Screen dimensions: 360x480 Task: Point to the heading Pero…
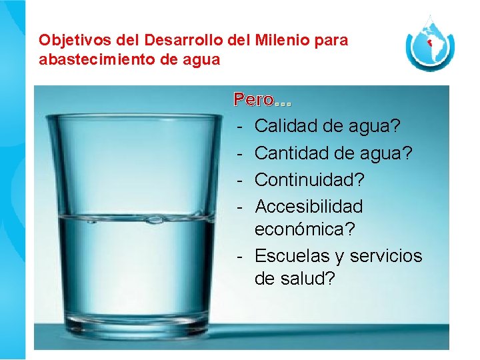click(x=263, y=101)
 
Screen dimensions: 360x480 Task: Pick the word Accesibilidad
click(x=309, y=206)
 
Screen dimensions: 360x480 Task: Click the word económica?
click(x=305, y=229)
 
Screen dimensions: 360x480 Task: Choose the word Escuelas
click(x=290, y=256)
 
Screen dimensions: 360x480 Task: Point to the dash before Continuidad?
click(x=239, y=180)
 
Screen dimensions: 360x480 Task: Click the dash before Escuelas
click(x=239, y=256)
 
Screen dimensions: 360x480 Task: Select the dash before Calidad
click(x=239, y=126)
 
